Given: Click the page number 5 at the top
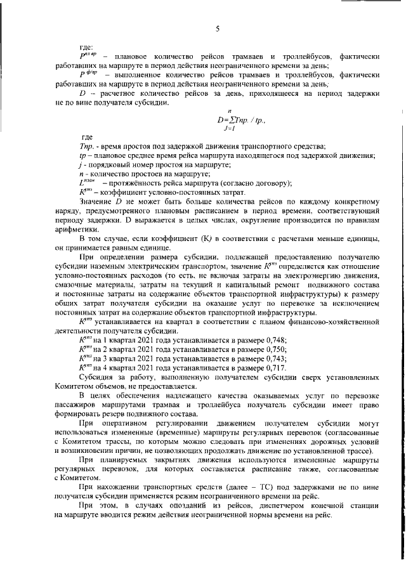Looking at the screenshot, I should tap(218, 29).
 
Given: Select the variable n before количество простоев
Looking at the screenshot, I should tap(84, 174).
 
